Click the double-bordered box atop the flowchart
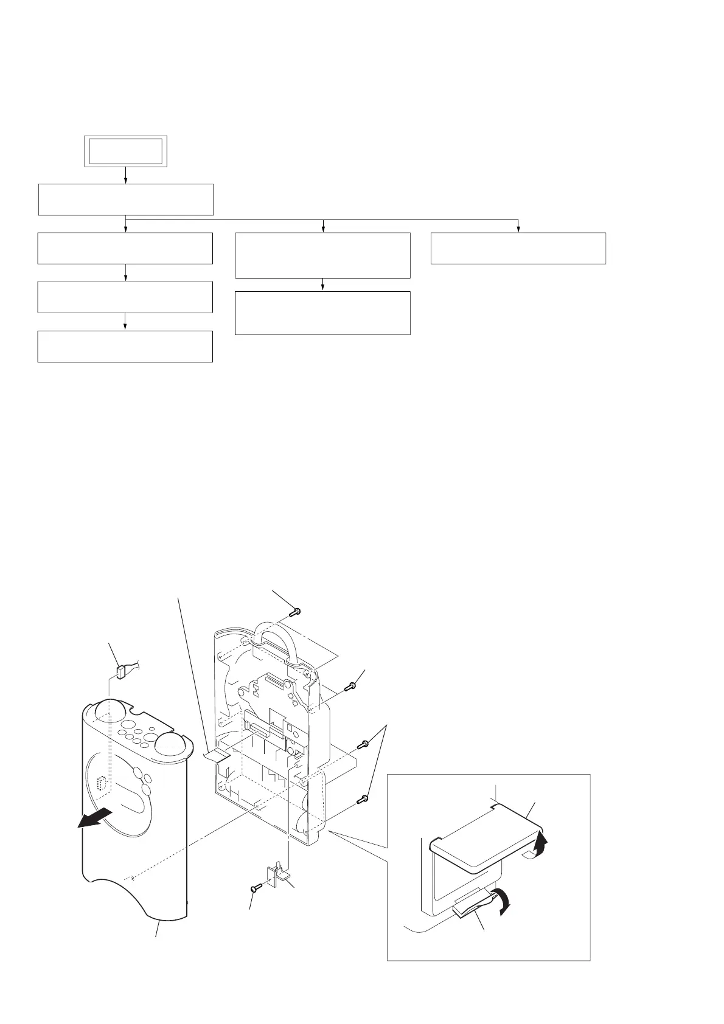click(125, 151)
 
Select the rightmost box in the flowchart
click(518, 248)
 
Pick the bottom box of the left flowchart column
click(125, 347)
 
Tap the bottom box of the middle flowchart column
click(322, 313)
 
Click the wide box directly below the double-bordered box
click(125, 199)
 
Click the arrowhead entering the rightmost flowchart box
click(518, 229)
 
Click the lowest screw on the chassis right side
click(364, 798)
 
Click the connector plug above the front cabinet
click(119, 672)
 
